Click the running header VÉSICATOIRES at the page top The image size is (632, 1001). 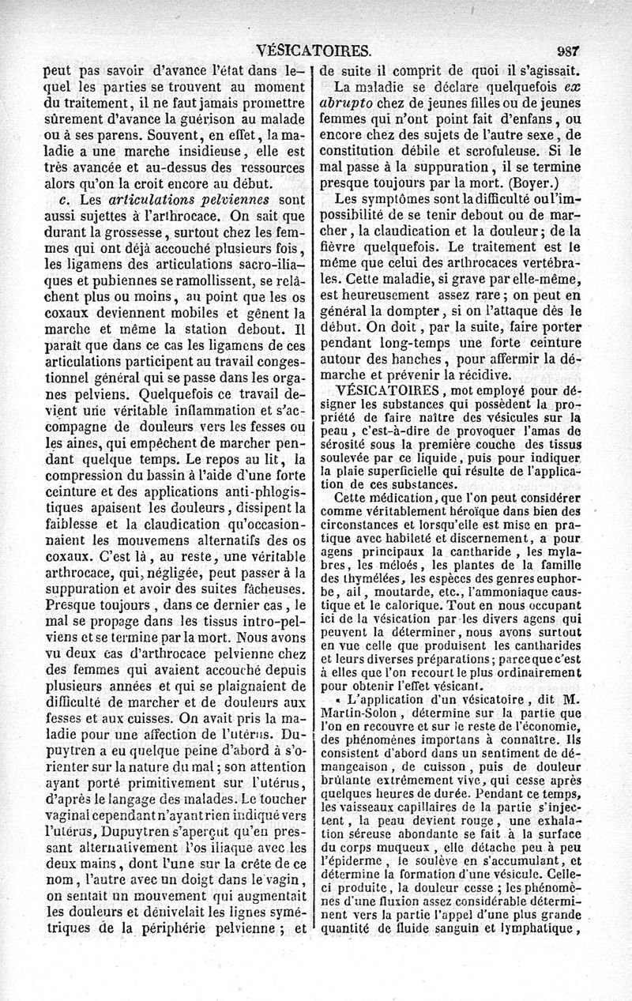[314, 51]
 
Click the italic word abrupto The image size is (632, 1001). [346, 103]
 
